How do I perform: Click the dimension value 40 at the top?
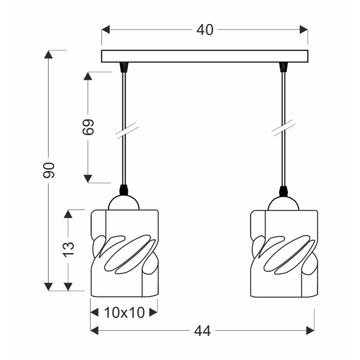pos(205,30)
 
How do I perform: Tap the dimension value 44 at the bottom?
pos(202,331)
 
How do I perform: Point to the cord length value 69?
pos(89,127)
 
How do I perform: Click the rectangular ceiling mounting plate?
pos(205,57)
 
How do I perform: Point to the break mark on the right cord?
pos(281,129)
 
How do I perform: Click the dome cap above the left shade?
pos(124,203)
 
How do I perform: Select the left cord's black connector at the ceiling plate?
pos(124,67)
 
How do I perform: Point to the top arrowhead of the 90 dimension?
pos(49,55)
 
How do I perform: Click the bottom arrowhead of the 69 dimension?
pos(88,178)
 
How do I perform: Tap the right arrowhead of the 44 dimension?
pos(310,330)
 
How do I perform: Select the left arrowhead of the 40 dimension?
pos(106,29)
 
